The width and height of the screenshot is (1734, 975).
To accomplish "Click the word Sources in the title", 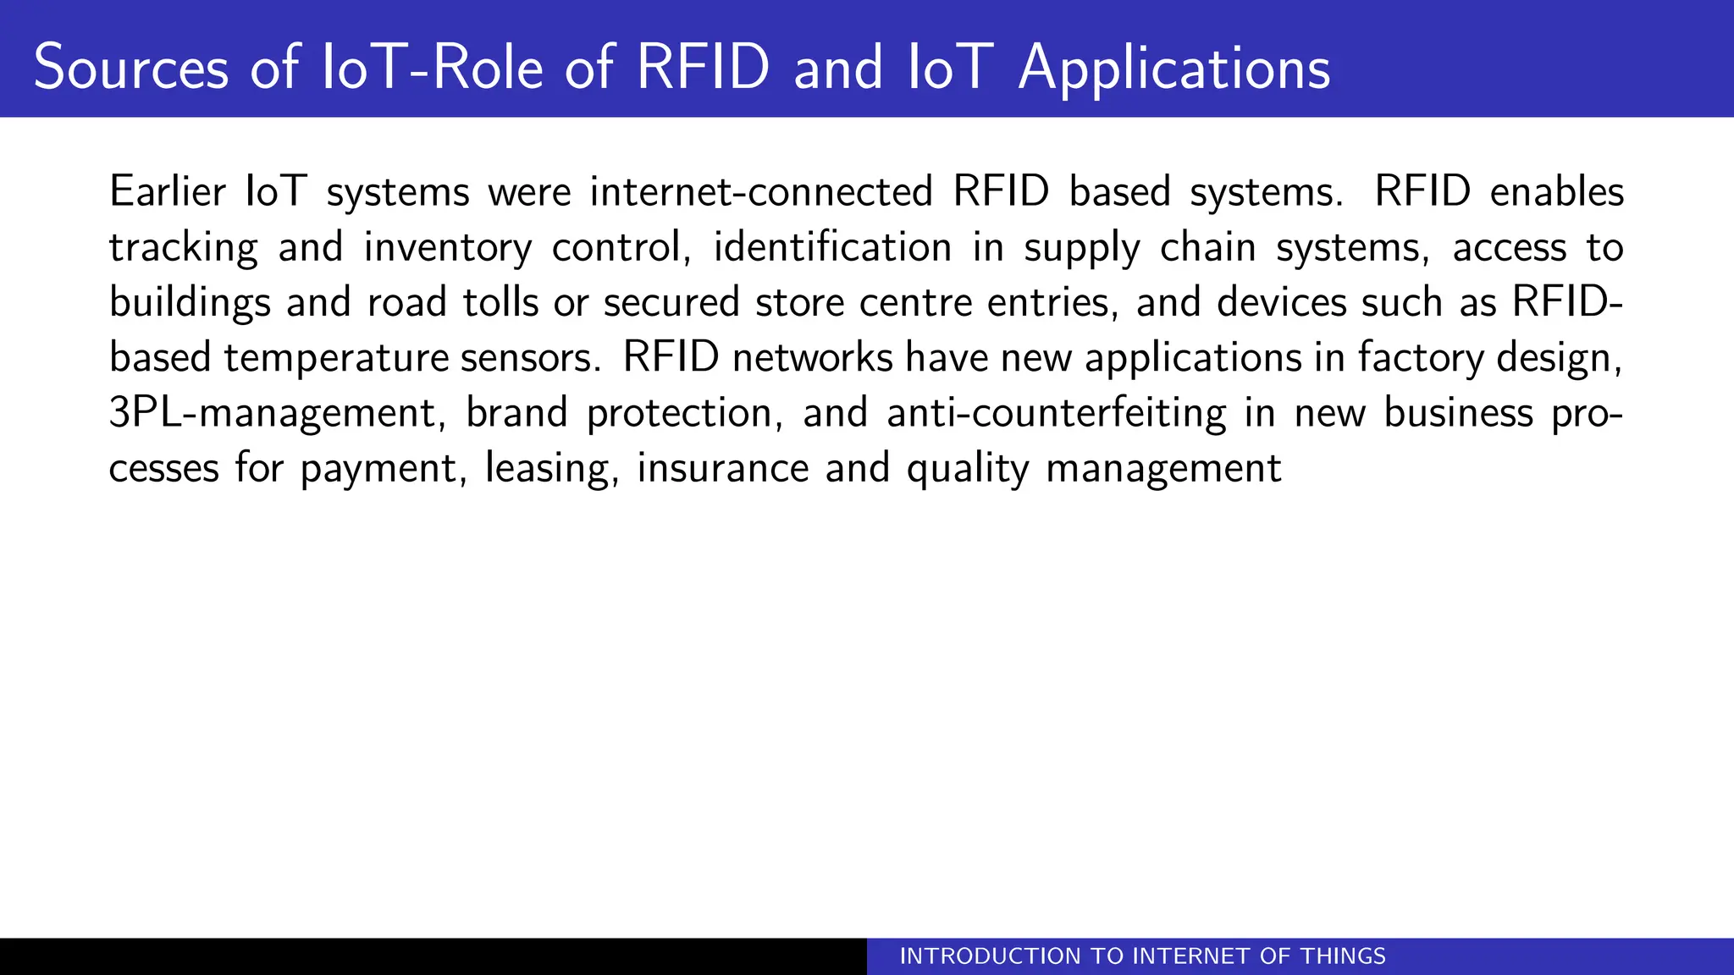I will [131, 68].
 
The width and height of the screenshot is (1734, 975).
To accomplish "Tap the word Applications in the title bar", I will [1174, 68].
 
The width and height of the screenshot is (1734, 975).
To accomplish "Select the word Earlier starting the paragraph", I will [168, 191].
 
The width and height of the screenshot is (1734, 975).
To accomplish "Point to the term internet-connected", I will [761, 191].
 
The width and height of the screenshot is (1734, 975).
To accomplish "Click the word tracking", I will [184, 248].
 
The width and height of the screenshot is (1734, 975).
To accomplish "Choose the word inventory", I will [448, 248].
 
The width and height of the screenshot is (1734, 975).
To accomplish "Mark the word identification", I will [832, 248].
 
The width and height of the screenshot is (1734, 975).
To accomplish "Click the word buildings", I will [190, 303].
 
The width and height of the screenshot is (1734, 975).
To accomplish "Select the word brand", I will [516, 414].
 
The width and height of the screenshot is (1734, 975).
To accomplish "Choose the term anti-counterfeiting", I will [1056, 414].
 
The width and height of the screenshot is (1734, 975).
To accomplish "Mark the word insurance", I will [723, 469].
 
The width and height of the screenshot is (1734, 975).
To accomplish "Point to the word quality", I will [967, 469].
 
